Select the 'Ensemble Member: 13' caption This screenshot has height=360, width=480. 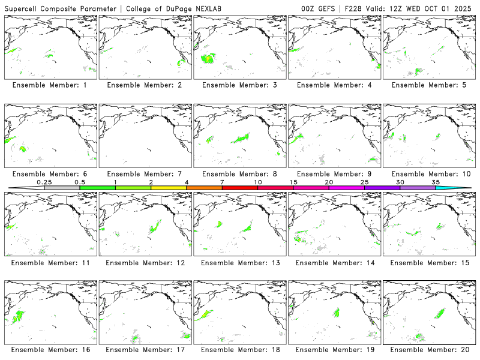pyautogui.click(x=238, y=262)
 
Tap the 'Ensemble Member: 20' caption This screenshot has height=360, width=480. pyautogui.click(x=428, y=349)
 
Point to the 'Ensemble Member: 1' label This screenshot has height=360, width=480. pyautogui.click(x=49, y=85)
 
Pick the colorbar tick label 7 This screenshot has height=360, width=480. pyautogui.click(x=222, y=182)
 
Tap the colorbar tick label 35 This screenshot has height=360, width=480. pyautogui.click(x=436, y=182)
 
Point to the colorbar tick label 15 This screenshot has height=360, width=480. pyautogui.click(x=293, y=182)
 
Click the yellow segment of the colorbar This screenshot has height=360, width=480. pyautogui.click(x=169, y=188)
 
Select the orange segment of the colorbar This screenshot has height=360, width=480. pyautogui.click(x=204, y=188)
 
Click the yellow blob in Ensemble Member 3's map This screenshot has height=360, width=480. pyautogui.click(x=208, y=58)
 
